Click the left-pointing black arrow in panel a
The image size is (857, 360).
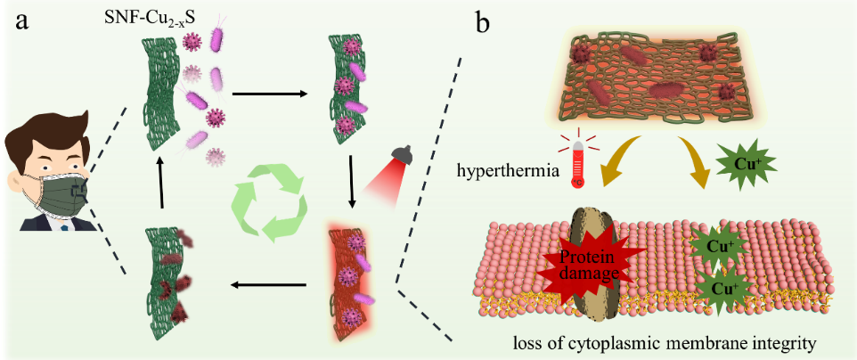pos(268,284)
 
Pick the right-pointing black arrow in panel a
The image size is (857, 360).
pos(269,94)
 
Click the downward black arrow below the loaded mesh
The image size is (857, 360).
pos(353,182)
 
